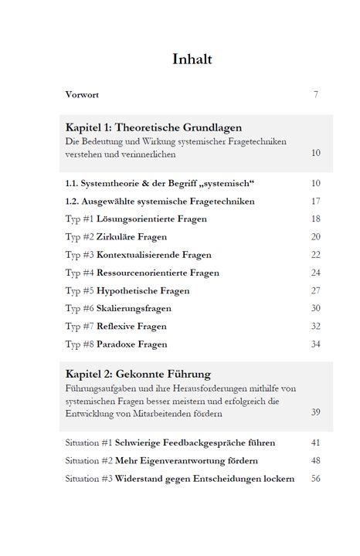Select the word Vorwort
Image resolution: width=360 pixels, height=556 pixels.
click(82, 95)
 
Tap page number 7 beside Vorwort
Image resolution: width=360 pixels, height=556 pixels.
click(316, 95)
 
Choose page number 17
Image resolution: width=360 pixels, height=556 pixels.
click(315, 202)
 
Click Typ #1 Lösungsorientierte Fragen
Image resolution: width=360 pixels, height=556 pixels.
click(136, 219)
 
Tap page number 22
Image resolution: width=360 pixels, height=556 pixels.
click(315, 255)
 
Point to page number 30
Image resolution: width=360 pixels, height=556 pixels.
click(315, 309)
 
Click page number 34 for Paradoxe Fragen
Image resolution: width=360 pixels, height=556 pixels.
click(315, 344)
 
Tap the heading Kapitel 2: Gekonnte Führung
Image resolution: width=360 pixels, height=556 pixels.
click(138, 375)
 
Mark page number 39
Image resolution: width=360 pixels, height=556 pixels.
click(315, 413)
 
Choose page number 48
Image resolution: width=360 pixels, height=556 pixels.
click(315, 461)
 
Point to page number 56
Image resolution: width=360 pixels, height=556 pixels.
click(315, 479)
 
